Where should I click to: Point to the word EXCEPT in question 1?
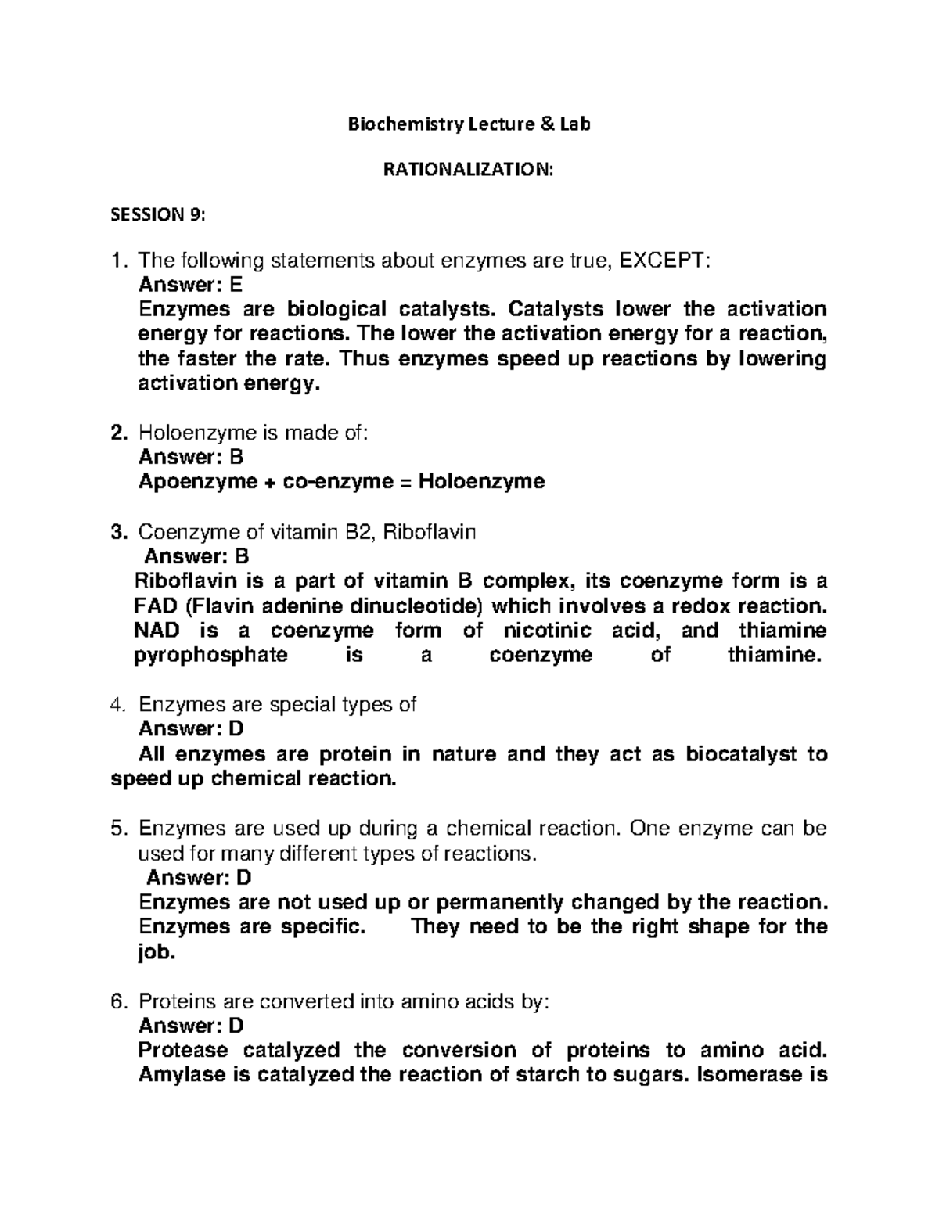click(664, 261)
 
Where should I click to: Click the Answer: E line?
click(190, 285)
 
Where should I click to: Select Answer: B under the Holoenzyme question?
click(191, 457)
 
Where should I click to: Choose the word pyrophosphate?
click(211, 655)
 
